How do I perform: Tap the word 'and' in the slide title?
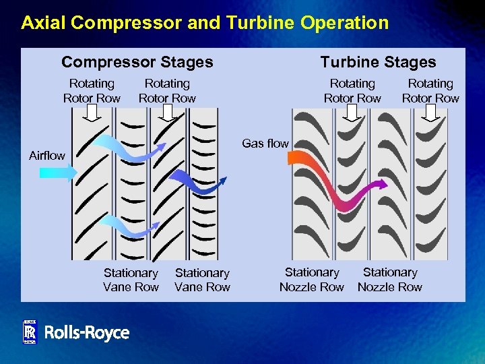click(205, 23)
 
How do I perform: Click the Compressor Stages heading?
click(137, 63)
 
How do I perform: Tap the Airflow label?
click(47, 156)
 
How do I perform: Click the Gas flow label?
click(265, 144)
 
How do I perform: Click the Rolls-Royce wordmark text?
click(86, 332)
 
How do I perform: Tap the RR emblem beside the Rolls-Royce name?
click(30, 332)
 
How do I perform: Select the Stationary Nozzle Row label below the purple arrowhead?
click(389, 280)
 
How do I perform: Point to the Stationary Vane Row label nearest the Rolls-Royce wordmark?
click(131, 280)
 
